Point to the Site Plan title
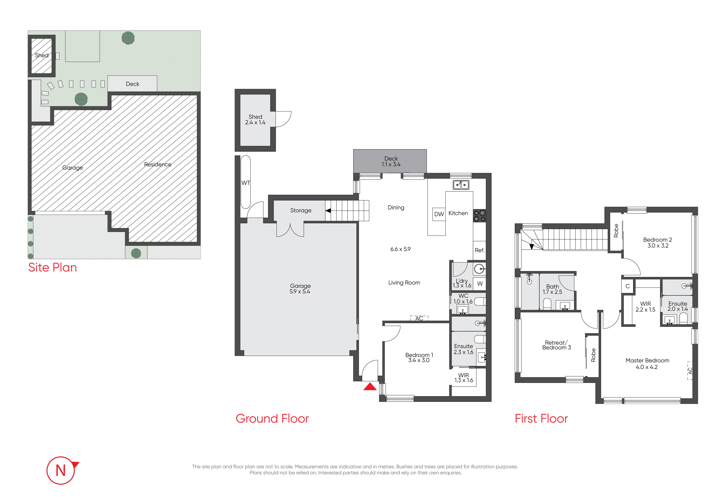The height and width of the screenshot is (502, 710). point(53,268)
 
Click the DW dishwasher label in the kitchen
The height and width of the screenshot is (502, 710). point(439,214)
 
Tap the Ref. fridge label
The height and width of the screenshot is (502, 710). point(479,250)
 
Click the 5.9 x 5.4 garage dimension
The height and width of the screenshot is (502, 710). point(300,291)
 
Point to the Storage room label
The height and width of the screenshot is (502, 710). point(301,210)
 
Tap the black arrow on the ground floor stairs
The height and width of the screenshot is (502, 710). point(328,211)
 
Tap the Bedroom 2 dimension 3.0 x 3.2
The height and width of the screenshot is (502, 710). point(658,246)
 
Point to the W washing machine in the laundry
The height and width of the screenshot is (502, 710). point(480,284)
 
